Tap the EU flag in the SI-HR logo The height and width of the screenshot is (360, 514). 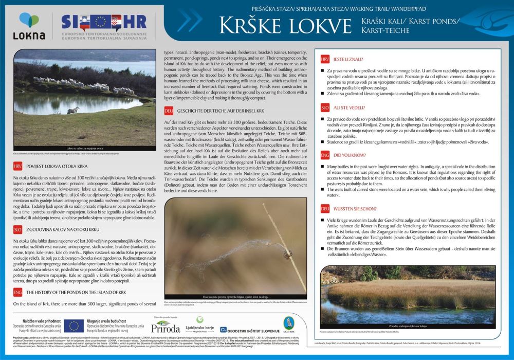click(99, 22)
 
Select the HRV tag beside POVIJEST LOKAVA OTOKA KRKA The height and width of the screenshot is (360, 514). click(18, 166)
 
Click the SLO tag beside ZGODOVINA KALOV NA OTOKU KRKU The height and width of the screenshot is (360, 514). click(18, 229)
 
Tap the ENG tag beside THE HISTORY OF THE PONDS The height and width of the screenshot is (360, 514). click(18, 292)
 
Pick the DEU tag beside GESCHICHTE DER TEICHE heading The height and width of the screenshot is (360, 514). click(168, 111)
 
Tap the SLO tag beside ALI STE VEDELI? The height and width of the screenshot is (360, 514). click(325, 107)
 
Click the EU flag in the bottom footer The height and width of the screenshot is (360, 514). click(74, 325)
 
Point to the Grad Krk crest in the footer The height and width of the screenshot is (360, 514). click(289, 323)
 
